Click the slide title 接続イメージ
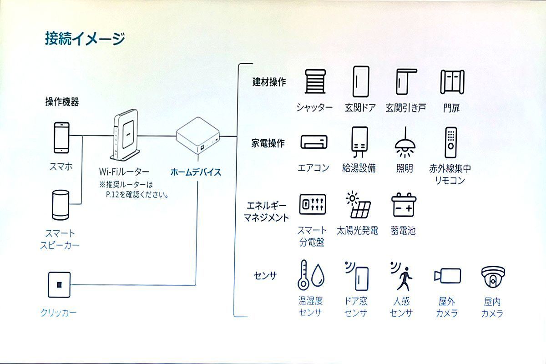coord(85,39)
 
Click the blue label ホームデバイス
coord(196,172)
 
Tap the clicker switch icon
coord(59,285)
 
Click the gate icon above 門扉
coord(451,82)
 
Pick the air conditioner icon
coord(313,142)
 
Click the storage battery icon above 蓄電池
coord(404,206)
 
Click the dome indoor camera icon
coord(493,278)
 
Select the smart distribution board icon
coord(312,204)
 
